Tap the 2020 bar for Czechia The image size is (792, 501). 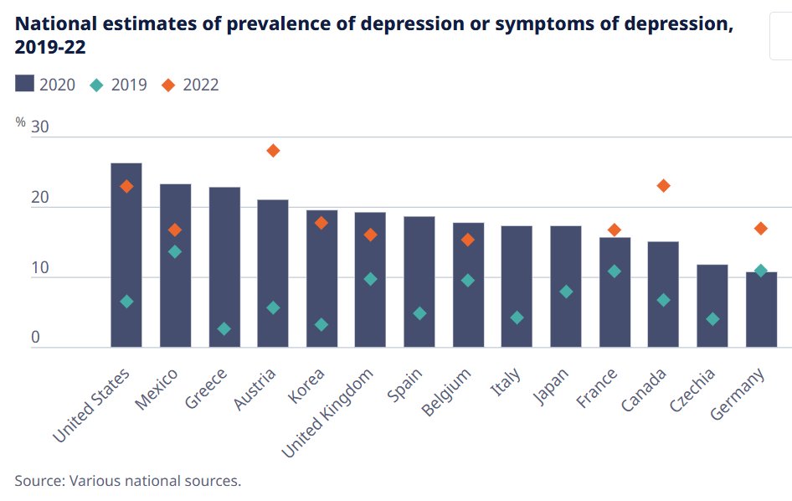click(x=712, y=305)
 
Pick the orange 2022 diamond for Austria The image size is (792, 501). click(x=273, y=151)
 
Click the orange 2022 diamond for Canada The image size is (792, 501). click(x=664, y=186)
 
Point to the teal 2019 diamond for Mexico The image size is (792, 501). click(x=175, y=251)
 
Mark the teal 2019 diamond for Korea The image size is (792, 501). click(x=321, y=324)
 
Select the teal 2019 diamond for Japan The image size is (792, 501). click(x=566, y=292)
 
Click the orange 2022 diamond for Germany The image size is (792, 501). click(x=761, y=228)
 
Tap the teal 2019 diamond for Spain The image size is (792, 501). click(x=419, y=313)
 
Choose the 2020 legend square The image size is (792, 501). click(x=24, y=84)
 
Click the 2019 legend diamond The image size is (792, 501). click(x=97, y=84)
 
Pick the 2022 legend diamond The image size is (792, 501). click(x=168, y=84)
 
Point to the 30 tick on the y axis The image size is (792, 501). click(x=40, y=127)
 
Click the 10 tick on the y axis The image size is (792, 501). click(x=40, y=268)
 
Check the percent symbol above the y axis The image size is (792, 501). click(x=20, y=121)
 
